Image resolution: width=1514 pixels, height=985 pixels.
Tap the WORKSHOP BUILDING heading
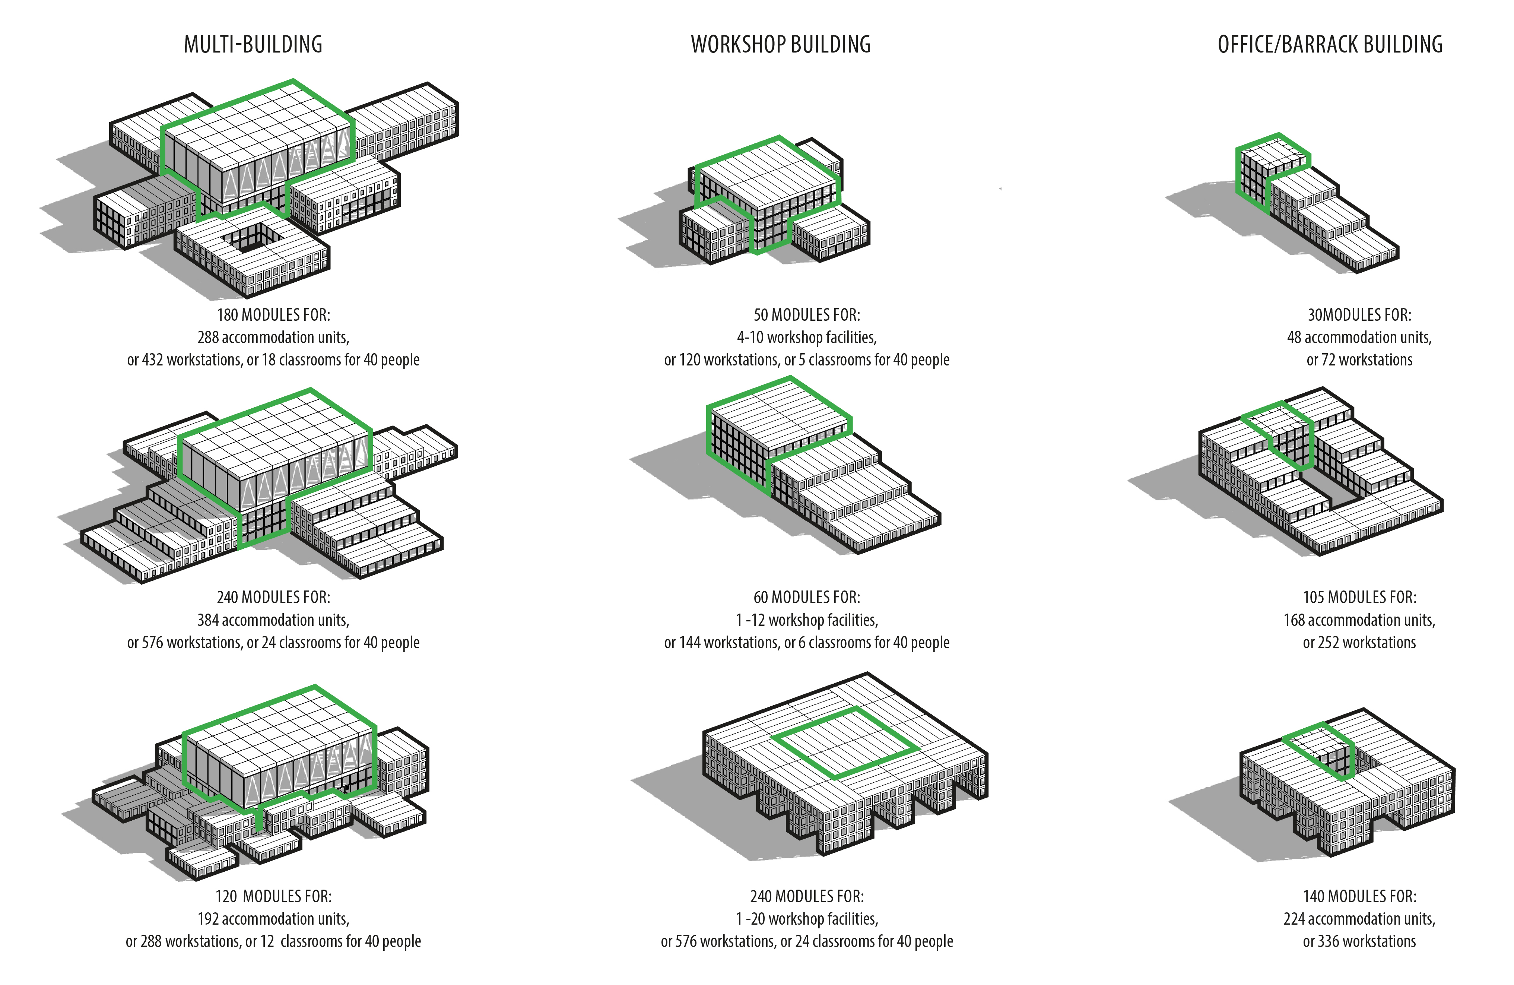click(781, 45)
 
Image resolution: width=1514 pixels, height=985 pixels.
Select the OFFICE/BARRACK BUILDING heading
click(1330, 45)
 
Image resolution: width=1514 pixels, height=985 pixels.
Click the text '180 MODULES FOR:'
click(273, 315)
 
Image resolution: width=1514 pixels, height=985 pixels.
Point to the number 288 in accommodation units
click(208, 337)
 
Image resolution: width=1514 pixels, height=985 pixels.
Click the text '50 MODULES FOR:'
click(807, 315)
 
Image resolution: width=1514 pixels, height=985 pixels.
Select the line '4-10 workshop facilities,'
click(807, 337)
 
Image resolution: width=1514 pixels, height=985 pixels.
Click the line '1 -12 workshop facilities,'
click(807, 620)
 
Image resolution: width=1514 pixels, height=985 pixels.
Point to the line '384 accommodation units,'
click(273, 620)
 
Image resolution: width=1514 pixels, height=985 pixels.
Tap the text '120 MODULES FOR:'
click(273, 897)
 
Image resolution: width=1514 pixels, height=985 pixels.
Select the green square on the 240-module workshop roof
click(845, 742)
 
